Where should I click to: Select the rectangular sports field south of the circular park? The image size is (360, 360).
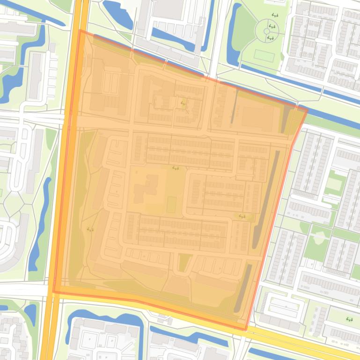click(x=264, y=55)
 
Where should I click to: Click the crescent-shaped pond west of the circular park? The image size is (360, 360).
click(x=233, y=35)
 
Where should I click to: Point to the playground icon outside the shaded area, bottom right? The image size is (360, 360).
click(x=349, y=319)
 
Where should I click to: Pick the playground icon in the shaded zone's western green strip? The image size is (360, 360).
click(x=90, y=230)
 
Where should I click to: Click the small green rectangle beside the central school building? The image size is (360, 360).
click(x=171, y=204)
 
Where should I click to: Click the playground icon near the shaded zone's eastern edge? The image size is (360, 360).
click(x=242, y=216)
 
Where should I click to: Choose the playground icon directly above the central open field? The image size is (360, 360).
click(x=176, y=167)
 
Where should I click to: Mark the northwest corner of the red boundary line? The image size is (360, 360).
click(x=80, y=31)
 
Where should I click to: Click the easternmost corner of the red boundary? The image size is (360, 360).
click(x=307, y=110)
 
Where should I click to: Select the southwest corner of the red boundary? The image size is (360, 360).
click(x=53, y=292)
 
